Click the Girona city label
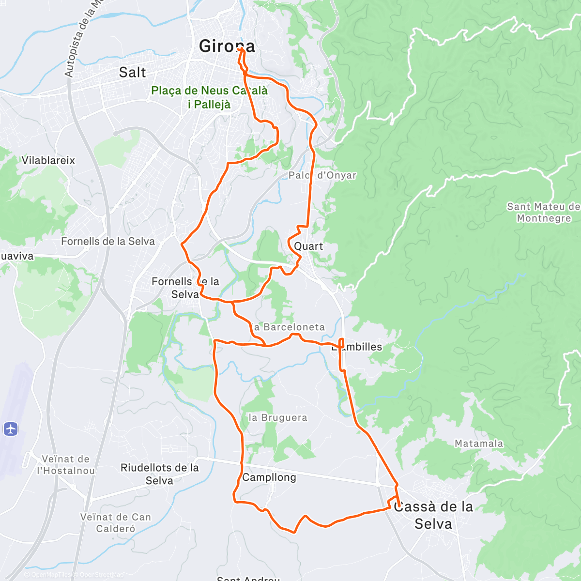click(x=227, y=46)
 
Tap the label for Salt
click(x=132, y=73)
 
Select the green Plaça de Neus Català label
click(x=209, y=97)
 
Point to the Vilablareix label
click(x=48, y=160)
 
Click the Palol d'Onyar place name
click(x=322, y=175)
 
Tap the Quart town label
click(x=308, y=246)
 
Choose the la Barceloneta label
click(x=289, y=327)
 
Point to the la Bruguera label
click(x=277, y=418)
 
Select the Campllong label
click(x=269, y=477)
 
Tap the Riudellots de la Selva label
click(x=159, y=474)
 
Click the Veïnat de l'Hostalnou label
click(x=65, y=465)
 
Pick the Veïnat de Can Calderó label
click(x=115, y=523)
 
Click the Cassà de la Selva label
click(x=433, y=515)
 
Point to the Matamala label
click(x=478, y=443)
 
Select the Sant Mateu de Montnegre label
click(x=543, y=213)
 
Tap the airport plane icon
click(x=11, y=428)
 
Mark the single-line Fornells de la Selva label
click(x=107, y=241)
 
